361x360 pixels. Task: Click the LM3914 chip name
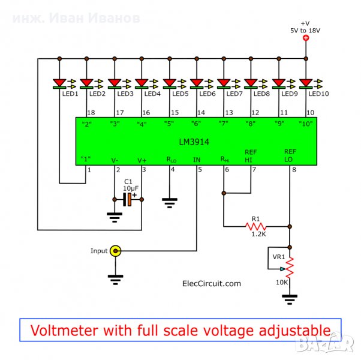pos(196,140)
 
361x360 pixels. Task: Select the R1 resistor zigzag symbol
pos(255,227)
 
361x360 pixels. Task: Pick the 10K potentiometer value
pos(281,282)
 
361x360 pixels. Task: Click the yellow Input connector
pos(117,251)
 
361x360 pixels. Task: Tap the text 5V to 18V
pos(306,29)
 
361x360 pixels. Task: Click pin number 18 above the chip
pos(91,112)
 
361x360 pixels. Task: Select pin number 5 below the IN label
pos(200,170)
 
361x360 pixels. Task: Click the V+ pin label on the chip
pos(142,160)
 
